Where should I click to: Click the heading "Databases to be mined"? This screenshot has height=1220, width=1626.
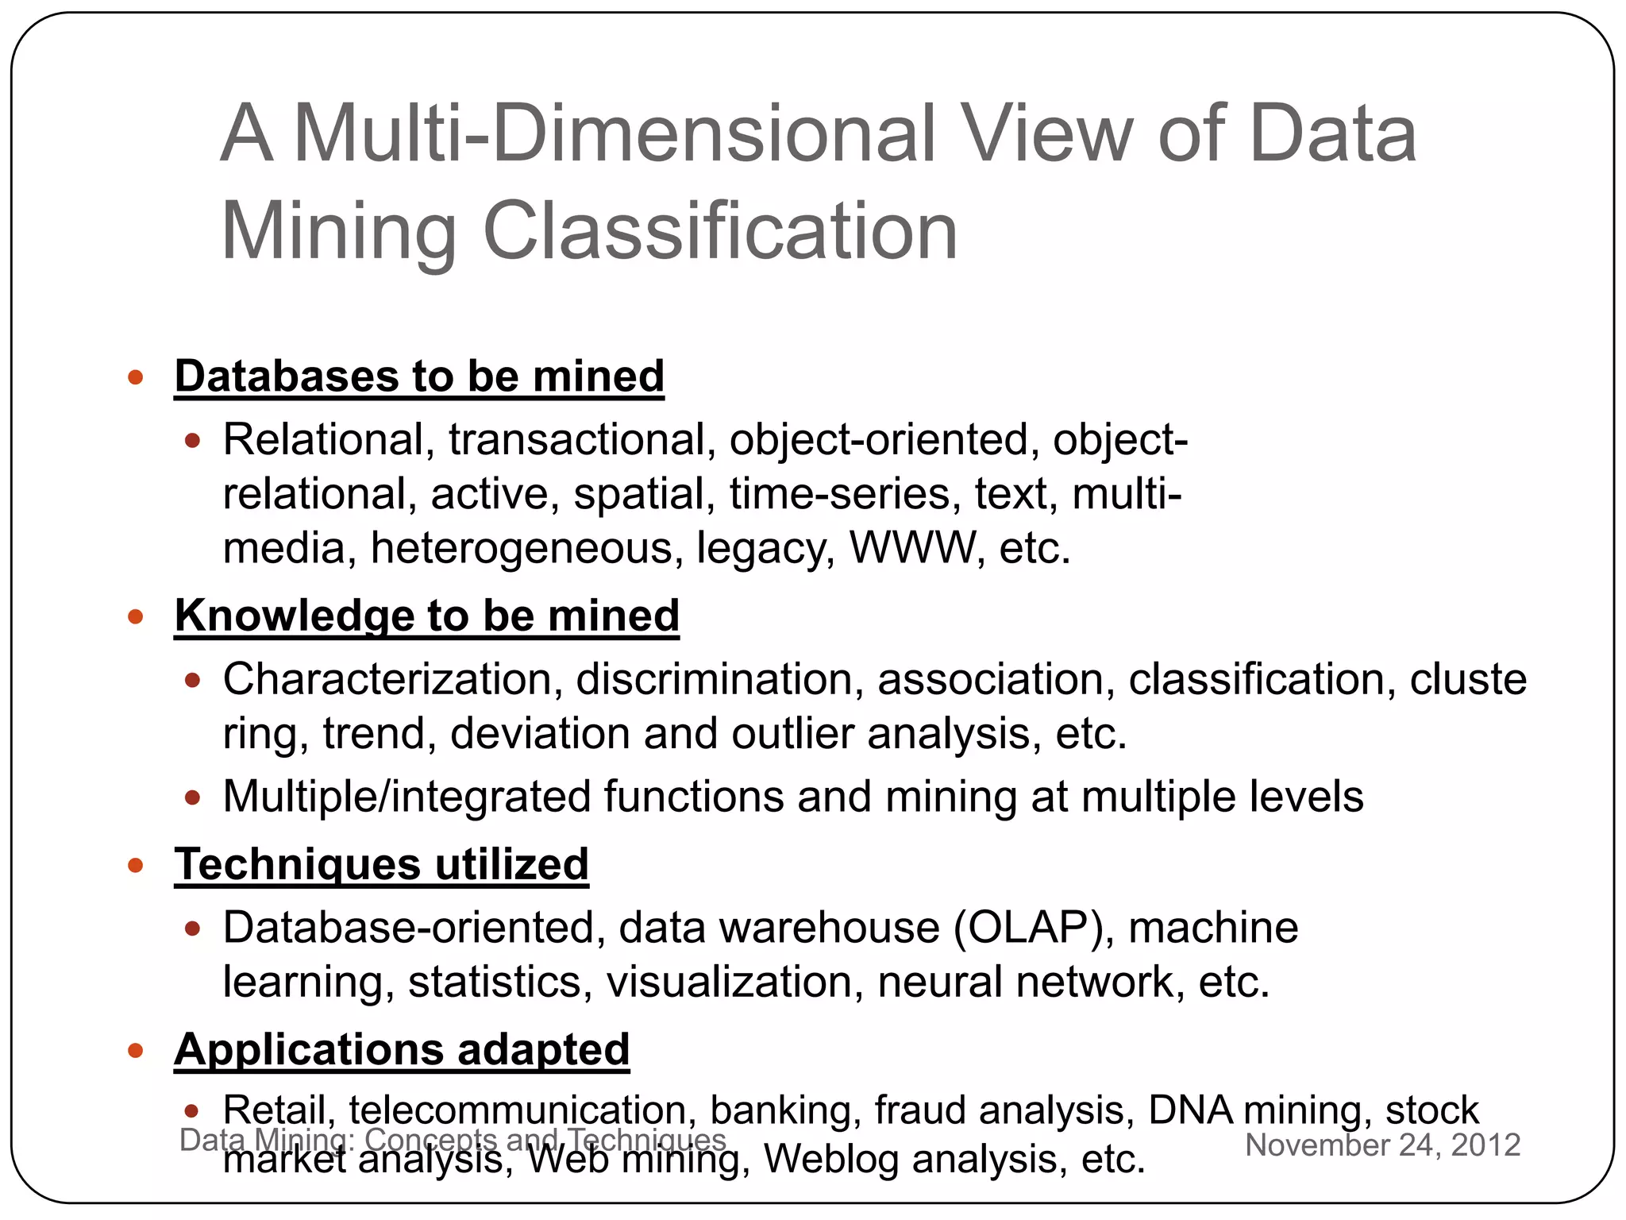419,376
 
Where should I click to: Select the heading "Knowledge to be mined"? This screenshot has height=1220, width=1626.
426,616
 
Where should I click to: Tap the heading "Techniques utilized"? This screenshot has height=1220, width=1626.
381,864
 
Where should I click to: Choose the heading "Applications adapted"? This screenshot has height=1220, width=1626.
402,1049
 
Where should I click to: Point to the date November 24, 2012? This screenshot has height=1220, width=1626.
1382,1145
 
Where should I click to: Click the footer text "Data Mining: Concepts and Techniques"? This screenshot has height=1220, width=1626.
453,1139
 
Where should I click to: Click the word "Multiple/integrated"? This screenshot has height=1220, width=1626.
406,797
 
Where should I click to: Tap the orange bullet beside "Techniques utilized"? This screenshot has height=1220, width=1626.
136,865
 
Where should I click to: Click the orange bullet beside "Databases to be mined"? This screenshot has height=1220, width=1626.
136,376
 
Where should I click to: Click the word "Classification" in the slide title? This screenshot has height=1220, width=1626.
720,231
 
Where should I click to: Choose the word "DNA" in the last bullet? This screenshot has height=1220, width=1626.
1190,1110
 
